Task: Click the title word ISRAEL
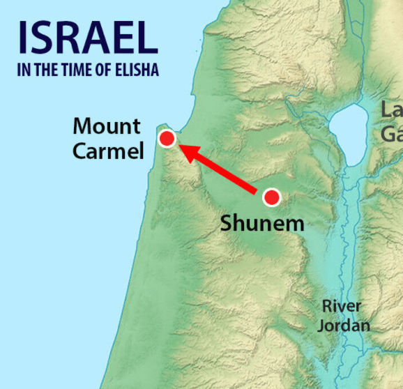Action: tap(87, 38)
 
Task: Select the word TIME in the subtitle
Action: tap(82, 70)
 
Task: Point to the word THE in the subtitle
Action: tap(53, 70)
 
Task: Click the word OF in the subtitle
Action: tap(107, 70)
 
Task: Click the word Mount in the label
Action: tap(107, 127)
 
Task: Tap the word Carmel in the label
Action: tap(108, 151)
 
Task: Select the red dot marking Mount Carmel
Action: tap(167, 139)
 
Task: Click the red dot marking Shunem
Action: tap(271, 197)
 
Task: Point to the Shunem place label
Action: tap(262, 224)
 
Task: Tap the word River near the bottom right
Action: tap(342, 306)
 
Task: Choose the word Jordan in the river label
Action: tap(344, 325)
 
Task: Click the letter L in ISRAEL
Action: tap(144, 38)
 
